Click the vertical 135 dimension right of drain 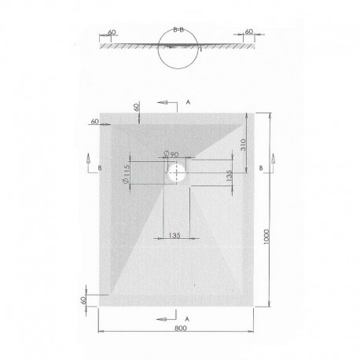pyautogui.click(x=229, y=177)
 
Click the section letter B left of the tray pyautogui.click(x=100, y=168)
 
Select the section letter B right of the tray pyautogui.click(x=260, y=168)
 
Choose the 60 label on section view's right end pyautogui.click(x=250, y=34)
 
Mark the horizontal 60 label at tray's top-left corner pyautogui.click(x=95, y=122)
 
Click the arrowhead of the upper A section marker pyautogui.click(x=160, y=102)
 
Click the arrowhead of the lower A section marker pyautogui.click(x=160, y=319)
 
